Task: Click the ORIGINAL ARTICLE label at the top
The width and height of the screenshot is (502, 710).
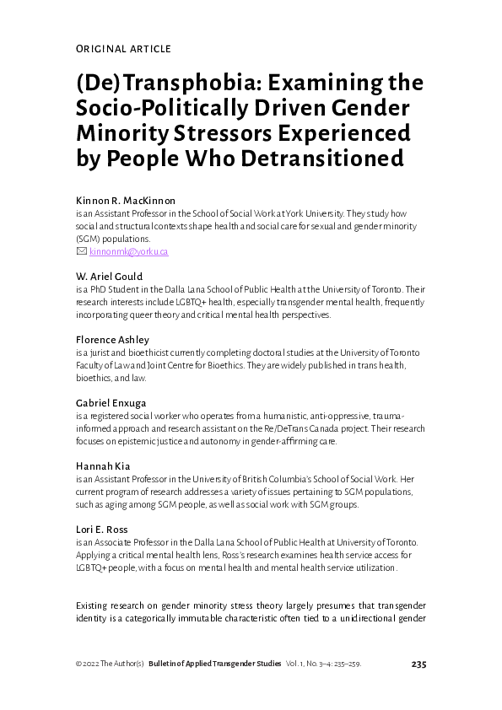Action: (x=123, y=49)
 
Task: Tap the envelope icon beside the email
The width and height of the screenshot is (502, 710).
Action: (x=81, y=251)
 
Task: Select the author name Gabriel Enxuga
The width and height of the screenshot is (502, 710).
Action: (x=111, y=402)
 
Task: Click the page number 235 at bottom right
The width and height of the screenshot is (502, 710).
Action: (x=418, y=664)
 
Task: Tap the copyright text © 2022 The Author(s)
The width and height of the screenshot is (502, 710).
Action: (x=110, y=664)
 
